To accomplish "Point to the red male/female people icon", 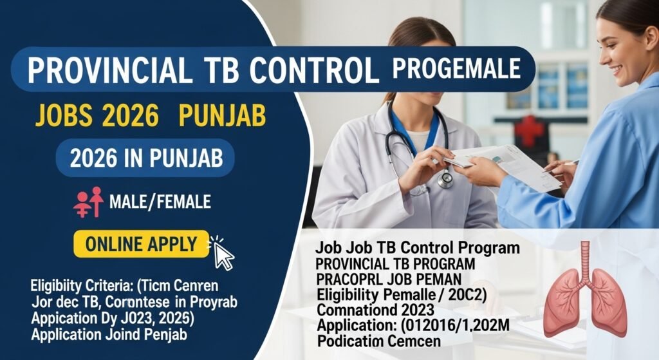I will coord(89,202).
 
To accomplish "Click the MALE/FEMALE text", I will coord(160,202).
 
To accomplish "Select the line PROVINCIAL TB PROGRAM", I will coord(395,264).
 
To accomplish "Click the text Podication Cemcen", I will coord(379,340).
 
